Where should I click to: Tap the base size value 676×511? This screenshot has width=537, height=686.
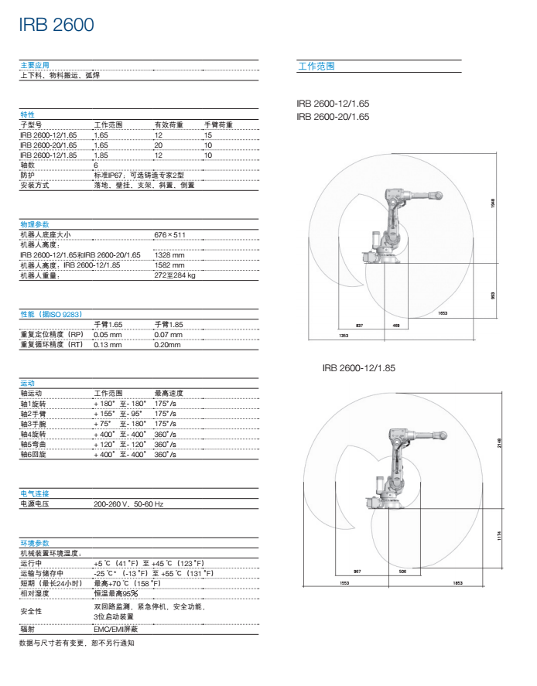coord(170,234)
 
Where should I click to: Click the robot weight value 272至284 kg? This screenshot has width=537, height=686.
coord(176,275)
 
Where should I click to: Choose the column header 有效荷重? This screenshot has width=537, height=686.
coord(169,125)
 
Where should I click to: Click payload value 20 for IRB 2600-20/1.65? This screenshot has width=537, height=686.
coord(158,145)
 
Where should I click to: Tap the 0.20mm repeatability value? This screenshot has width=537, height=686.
coord(167,344)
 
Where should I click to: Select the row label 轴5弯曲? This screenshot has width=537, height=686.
coord(35,444)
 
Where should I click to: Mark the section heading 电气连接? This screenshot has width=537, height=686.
coord(34,493)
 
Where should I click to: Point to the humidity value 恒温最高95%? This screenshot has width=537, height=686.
coord(115,592)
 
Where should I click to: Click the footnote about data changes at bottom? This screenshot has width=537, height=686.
coord(77,643)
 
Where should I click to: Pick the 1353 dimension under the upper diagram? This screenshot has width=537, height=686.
coord(343,335)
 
